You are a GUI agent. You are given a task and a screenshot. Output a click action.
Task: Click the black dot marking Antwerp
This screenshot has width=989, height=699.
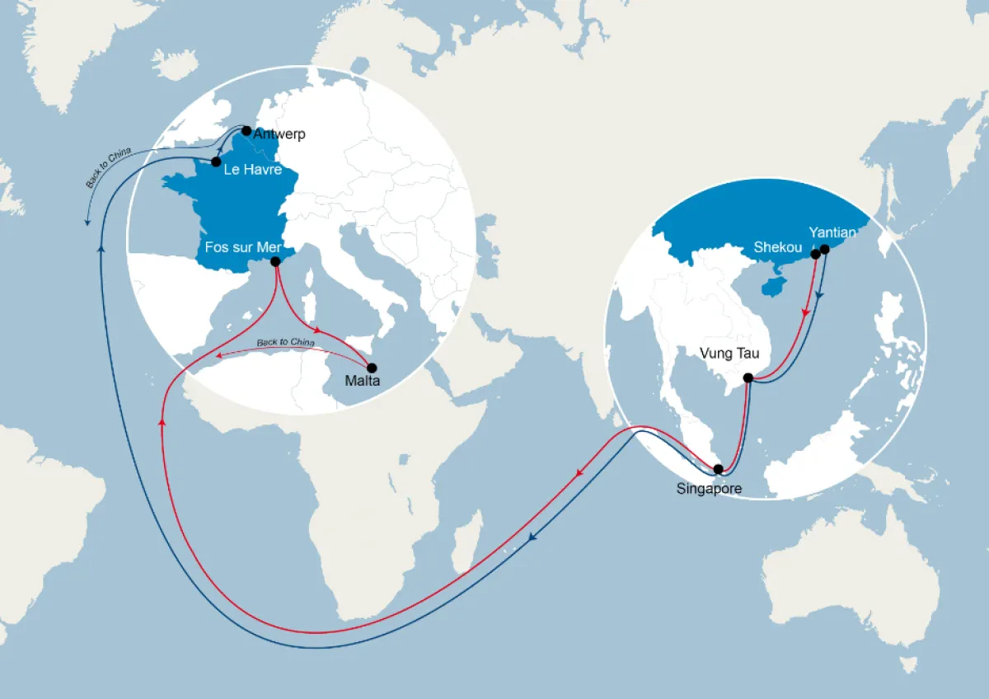(x=246, y=130)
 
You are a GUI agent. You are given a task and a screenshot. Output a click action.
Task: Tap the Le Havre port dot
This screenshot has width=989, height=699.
(x=216, y=162)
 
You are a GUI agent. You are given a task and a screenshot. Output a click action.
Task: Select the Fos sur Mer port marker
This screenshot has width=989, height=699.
(x=275, y=261)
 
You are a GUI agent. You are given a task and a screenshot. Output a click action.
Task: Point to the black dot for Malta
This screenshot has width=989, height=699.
(x=371, y=368)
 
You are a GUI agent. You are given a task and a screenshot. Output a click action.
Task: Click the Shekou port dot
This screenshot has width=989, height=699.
(x=815, y=255)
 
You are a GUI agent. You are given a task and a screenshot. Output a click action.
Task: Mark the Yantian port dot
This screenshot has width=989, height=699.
(x=824, y=249)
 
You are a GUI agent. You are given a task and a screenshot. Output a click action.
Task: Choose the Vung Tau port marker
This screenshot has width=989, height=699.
(x=748, y=378)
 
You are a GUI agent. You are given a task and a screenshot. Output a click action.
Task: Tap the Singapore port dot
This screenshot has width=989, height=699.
(x=719, y=469)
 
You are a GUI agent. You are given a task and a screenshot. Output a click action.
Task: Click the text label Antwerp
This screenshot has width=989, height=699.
(x=280, y=134)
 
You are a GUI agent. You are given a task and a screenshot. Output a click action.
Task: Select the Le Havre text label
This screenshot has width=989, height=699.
(x=254, y=171)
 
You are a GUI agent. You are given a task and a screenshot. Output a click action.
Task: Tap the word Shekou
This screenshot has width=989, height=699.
(x=777, y=247)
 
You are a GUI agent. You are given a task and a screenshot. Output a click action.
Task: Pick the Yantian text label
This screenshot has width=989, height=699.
(x=832, y=232)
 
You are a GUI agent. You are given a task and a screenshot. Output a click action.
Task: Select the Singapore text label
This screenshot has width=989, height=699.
(x=709, y=489)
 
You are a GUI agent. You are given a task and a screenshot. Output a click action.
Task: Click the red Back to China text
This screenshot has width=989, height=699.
(x=285, y=342)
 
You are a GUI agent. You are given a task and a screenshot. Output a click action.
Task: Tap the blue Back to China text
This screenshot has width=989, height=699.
(x=109, y=168)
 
